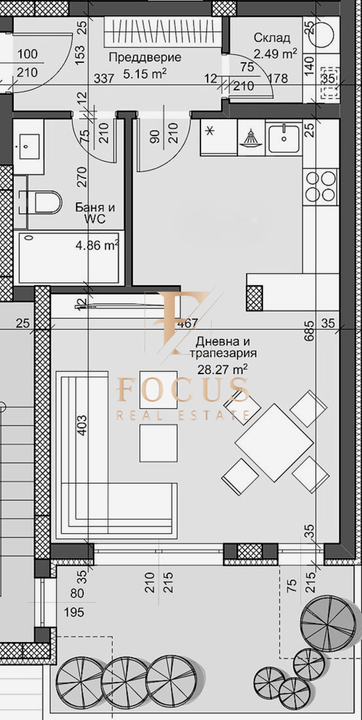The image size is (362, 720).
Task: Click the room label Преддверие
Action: pyautogui.click(x=145, y=57)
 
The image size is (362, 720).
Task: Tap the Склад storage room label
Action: pyautogui.click(x=272, y=38)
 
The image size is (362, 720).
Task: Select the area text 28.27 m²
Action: pyautogui.click(x=222, y=369)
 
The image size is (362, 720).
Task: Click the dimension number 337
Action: pyautogui.click(x=104, y=79)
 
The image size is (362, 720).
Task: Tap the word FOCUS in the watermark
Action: pyautogui.click(x=183, y=390)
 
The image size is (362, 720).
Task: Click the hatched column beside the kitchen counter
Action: pyautogui.click(x=254, y=298)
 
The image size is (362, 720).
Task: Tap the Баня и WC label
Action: pyautogui.click(x=95, y=213)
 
